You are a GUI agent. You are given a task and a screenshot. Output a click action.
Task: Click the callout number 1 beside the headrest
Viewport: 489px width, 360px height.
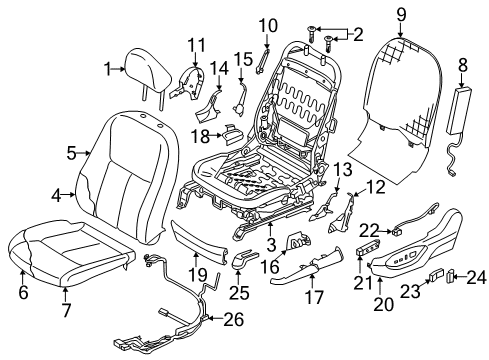click(x=108, y=68)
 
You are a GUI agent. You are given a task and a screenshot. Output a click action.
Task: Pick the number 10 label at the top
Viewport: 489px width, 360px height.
click(x=268, y=24)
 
